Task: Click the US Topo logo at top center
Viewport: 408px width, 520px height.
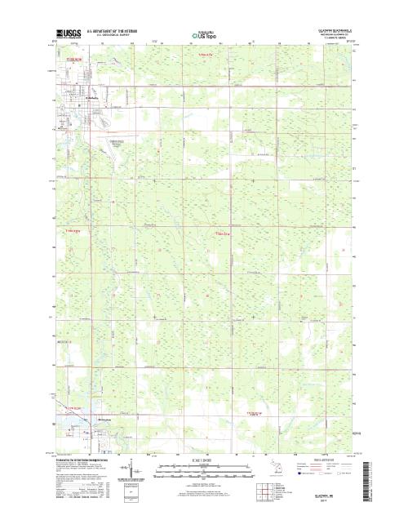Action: point(203,36)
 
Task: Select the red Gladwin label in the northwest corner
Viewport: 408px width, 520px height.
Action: point(74,60)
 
